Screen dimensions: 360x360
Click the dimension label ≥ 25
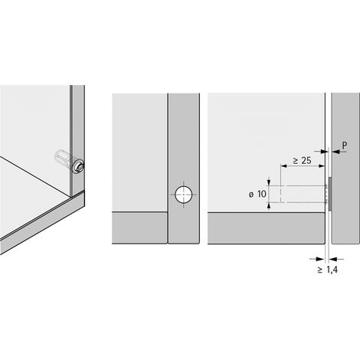pyautogui.click(x=302, y=161)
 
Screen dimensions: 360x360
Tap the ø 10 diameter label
pyautogui.click(x=257, y=195)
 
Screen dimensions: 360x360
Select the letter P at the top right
pyautogui.click(x=345, y=146)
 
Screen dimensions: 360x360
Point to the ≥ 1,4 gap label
pyautogui.click(x=328, y=270)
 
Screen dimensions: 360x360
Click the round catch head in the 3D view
pyautogui.click(x=78, y=166)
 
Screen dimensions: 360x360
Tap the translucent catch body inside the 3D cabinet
pyautogui.click(x=64, y=158)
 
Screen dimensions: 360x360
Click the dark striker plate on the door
pyautogui.click(x=330, y=194)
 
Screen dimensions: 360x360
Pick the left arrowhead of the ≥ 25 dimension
pyautogui.click(x=284, y=166)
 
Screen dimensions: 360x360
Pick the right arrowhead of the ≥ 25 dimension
pyautogui.click(x=322, y=166)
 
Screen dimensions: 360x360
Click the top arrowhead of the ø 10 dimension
pyautogui.click(x=269, y=182)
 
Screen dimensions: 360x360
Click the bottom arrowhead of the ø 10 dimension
pyautogui.click(x=269, y=206)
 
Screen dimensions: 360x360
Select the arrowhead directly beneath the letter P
pyautogui.click(x=335, y=152)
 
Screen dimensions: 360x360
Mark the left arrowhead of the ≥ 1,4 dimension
pyautogui.click(x=320, y=259)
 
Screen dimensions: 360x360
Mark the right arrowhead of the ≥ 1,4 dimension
pyautogui.click(x=332, y=259)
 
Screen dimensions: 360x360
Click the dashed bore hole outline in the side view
pyautogui.click(x=303, y=194)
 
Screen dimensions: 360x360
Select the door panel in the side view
pyautogui.click(x=345, y=168)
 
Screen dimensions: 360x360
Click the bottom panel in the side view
pyautogui.click(x=266, y=228)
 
